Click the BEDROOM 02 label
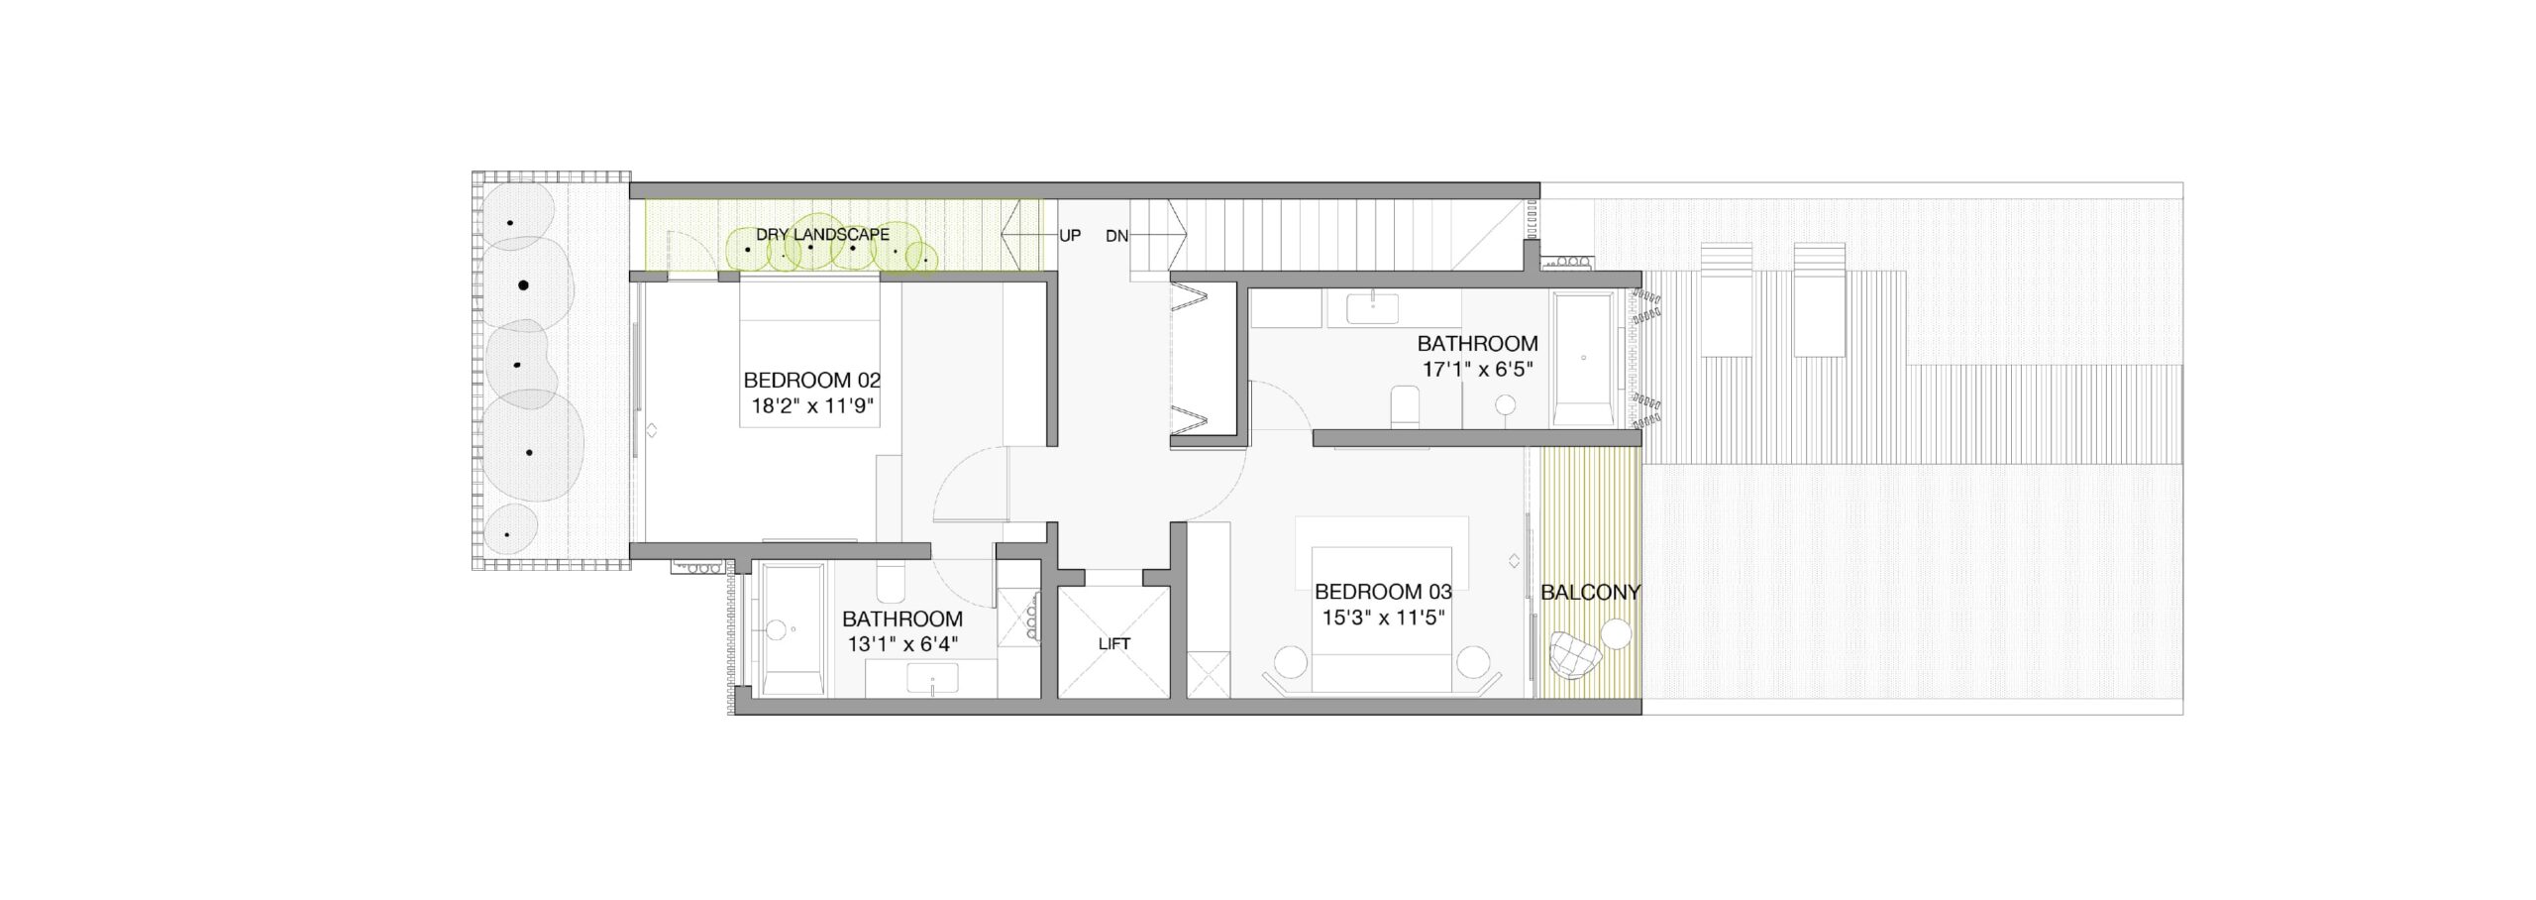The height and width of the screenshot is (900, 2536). (x=811, y=380)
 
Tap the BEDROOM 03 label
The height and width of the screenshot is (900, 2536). (x=1383, y=592)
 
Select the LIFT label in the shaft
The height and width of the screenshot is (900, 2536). (x=1114, y=644)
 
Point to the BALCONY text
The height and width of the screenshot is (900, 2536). (x=1591, y=593)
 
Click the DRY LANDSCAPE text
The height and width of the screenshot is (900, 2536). (x=822, y=235)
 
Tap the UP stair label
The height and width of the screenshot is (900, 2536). (x=1070, y=236)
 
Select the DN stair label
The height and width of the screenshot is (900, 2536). (x=1116, y=236)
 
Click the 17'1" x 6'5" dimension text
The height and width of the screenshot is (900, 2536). (x=1477, y=368)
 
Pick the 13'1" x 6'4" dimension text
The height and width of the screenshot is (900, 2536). (x=902, y=643)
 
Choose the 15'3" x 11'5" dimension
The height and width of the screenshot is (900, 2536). (x=1384, y=618)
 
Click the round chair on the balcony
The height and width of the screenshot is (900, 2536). (x=1572, y=655)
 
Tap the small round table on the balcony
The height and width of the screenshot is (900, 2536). (x=1617, y=634)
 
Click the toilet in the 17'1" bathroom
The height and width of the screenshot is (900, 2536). (x=1405, y=407)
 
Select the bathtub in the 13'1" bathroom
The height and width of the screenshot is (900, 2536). (x=790, y=630)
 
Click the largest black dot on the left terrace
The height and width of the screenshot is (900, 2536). (x=523, y=285)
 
